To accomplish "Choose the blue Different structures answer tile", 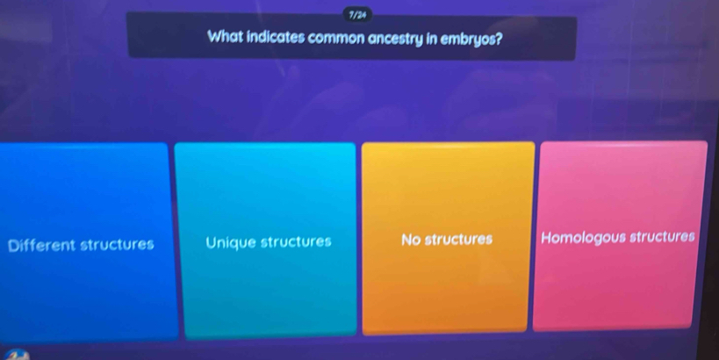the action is [x=86, y=242].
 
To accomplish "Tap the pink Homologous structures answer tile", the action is [x=619, y=235].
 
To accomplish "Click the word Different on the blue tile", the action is [x=42, y=245].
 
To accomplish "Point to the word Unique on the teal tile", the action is [x=231, y=242].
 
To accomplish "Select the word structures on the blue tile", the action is [x=118, y=244].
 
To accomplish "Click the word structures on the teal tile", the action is [x=296, y=241].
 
